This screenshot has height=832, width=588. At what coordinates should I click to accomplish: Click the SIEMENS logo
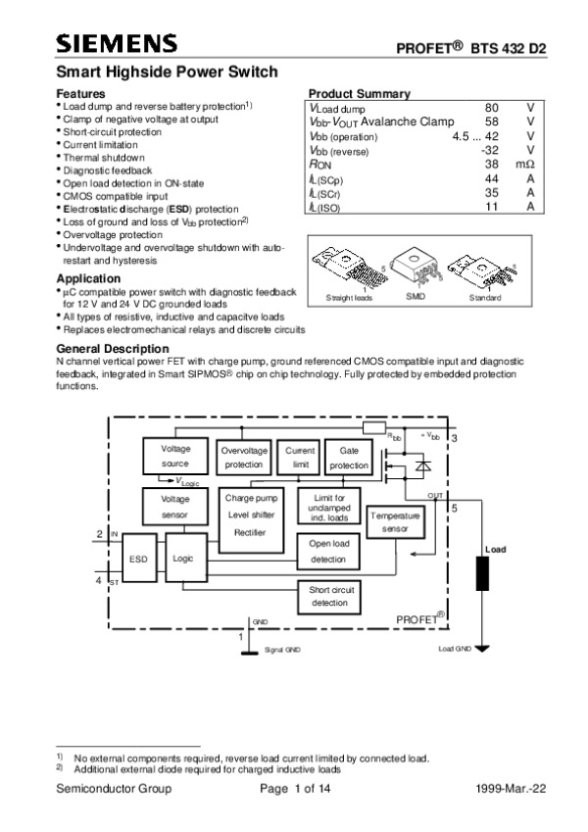(117, 43)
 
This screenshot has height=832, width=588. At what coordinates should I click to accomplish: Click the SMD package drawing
(416, 267)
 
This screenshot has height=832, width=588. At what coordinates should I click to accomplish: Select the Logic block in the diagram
(182, 557)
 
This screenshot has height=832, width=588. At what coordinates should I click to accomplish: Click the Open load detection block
(328, 551)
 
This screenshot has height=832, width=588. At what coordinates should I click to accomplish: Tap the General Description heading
(113, 349)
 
